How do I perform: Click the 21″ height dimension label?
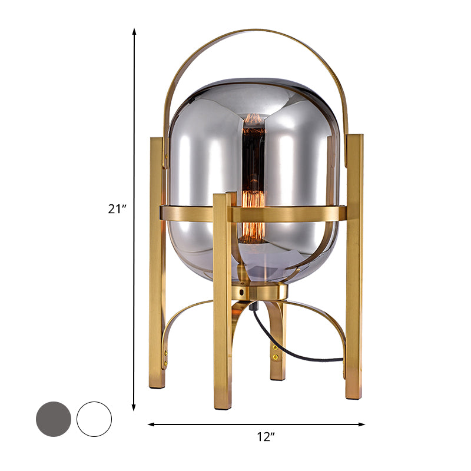pos(117,208)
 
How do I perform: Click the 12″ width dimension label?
pos(266,437)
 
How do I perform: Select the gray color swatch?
pos(54,419)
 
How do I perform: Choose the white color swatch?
pos(94,419)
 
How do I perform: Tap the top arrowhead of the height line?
pos(134,31)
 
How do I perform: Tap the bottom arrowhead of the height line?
pos(134,408)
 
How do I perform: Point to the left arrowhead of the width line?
pos(151,424)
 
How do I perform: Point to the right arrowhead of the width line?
pos(361,424)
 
